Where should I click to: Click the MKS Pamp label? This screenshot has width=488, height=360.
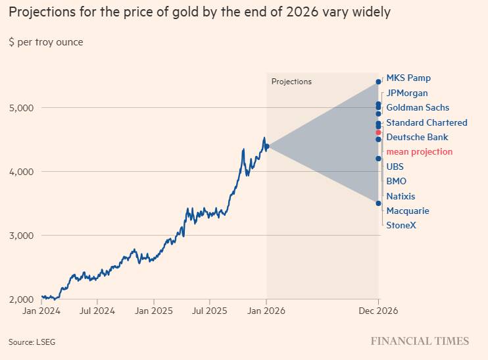click(x=408, y=78)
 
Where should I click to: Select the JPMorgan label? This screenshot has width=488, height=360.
click(x=407, y=93)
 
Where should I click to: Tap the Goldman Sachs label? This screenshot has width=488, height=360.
click(x=418, y=108)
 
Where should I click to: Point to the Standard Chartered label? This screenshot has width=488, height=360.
click(x=426, y=122)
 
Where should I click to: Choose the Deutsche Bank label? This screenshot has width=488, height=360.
click(x=417, y=137)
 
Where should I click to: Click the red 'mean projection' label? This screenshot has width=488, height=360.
click(x=419, y=152)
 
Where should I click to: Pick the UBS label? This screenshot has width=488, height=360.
click(x=395, y=167)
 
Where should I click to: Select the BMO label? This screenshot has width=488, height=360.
click(x=397, y=181)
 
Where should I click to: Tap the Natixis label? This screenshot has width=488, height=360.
click(x=401, y=196)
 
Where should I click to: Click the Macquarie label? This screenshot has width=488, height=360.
click(x=408, y=211)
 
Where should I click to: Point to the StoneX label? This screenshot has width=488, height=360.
click(x=401, y=226)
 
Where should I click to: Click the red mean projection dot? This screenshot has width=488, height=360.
click(x=378, y=133)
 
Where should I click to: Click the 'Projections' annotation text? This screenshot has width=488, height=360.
click(x=291, y=82)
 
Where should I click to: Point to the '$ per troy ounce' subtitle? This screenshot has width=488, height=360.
click(x=46, y=42)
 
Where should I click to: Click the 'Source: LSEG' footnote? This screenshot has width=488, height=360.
click(x=32, y=342)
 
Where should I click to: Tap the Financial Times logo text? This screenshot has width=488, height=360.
click(x=420, y=341)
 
